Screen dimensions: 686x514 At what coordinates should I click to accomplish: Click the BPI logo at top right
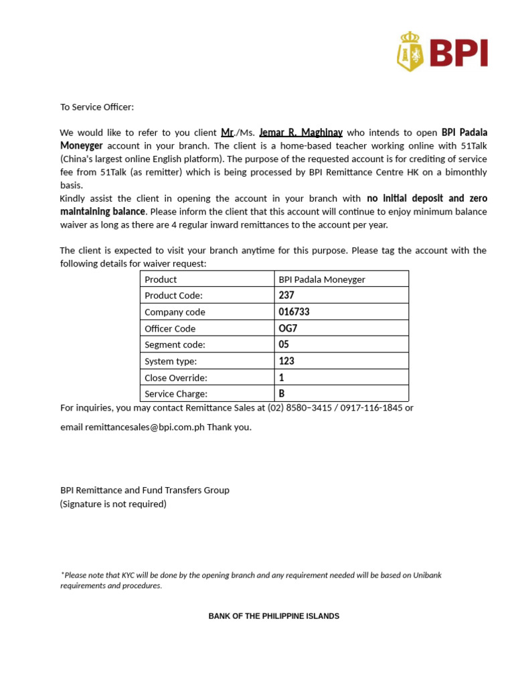pos(442,52)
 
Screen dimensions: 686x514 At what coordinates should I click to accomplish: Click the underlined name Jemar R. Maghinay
pos(301,133)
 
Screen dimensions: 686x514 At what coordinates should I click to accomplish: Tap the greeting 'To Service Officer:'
pos(97,107)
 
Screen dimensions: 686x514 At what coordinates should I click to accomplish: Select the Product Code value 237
pos(286,295)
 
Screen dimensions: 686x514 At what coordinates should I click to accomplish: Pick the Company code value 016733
pos(294,312)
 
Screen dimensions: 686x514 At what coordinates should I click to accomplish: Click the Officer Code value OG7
pos(288,328)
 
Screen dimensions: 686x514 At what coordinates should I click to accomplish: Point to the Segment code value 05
pos(284,344)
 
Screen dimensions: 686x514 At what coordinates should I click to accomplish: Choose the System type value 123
pos(286,361)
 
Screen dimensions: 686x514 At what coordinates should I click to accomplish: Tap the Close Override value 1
pos(281,377)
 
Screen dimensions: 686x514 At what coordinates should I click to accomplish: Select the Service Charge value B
pos(282,394)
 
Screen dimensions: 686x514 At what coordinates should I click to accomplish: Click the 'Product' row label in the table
pos(161,279)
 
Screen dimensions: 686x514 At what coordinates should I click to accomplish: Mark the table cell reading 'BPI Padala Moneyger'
pos(322,279)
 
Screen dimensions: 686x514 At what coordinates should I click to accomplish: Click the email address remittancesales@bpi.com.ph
pos(145,427)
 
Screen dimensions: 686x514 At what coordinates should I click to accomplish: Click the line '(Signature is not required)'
pos(113,504)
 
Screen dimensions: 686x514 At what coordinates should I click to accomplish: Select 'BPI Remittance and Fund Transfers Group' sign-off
pos(145,490)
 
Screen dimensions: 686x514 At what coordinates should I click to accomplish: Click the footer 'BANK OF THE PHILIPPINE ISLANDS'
pos(274,616)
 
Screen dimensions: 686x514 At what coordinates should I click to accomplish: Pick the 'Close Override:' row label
pos(176,378)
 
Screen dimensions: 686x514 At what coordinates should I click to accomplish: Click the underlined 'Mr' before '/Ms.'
pos(227,133)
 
